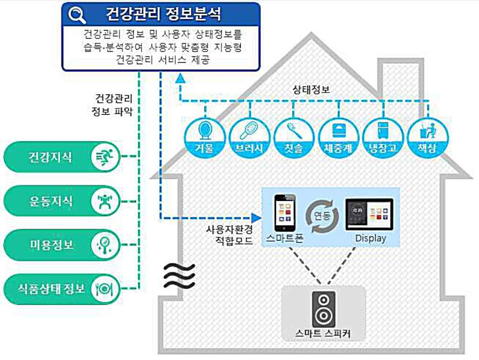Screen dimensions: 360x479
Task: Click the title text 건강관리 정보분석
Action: pos(163,14)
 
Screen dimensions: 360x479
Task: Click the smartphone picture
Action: pos(284,212)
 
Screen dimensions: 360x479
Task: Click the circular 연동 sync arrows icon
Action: pos(323,212)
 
